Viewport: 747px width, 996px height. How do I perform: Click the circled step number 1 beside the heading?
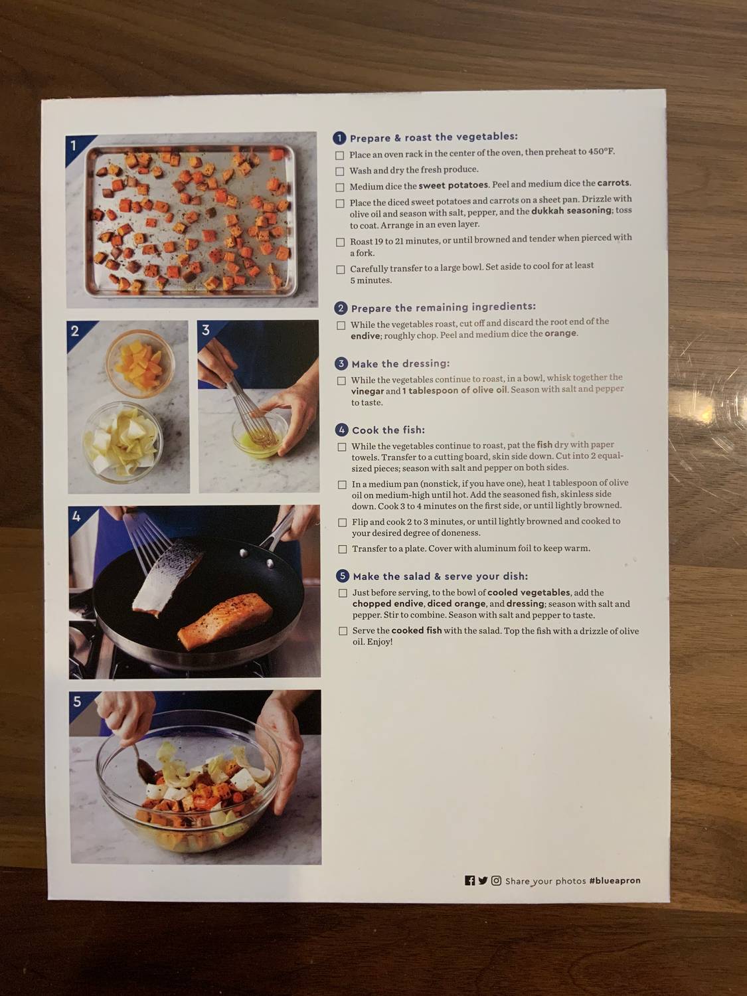(339, 138)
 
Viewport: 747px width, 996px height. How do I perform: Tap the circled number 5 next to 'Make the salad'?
(343, 576)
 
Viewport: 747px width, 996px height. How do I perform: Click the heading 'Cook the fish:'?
(388, 430)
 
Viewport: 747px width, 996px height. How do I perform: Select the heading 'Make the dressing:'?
(400, 364)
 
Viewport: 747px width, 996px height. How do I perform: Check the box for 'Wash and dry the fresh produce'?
(340, 171)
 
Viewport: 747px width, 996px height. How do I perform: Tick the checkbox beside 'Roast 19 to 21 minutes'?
(341, 242)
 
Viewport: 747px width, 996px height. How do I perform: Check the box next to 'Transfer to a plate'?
(343, 549)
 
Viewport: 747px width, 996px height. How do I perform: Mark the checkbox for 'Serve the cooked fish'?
(343, 631)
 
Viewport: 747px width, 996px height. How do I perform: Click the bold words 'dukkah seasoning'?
(571, 210)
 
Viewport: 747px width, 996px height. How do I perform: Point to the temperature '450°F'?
(600, 151)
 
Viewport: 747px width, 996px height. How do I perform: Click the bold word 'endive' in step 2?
(365, 336)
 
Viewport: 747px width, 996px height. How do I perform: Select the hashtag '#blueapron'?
(615, 880)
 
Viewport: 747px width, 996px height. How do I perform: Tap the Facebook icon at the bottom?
(470, 880)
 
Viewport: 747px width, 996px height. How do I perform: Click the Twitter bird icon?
(483, 880)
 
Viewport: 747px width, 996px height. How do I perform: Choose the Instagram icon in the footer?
(496, 880)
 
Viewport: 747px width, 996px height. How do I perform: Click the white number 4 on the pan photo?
(77, 516)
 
